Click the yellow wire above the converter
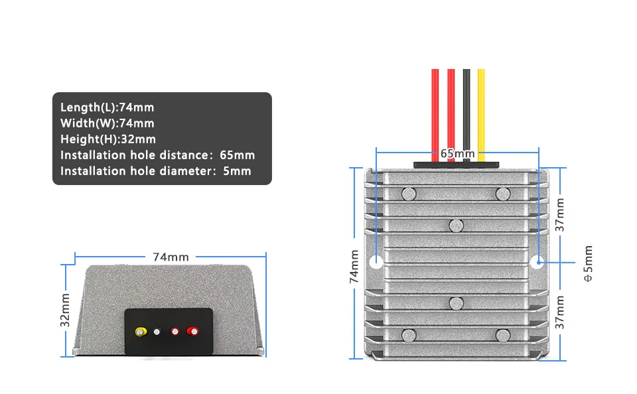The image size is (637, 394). coord(481,106)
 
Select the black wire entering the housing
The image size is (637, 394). coord(466,106)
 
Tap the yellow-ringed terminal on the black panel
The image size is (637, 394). coord(140,331)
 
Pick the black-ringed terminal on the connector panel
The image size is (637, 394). coord(157,332)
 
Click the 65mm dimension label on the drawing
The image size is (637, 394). coord(457,153)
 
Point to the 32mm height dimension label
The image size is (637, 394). coord(65,310)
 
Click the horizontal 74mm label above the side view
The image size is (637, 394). coord(171,257)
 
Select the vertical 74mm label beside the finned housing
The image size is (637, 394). coord(354,267)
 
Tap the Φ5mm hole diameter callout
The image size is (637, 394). coord(588,264)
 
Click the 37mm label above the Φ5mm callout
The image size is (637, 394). coord(561,214)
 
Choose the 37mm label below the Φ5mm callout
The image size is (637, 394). coord(561,312)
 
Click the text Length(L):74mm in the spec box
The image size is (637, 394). coord(107,107)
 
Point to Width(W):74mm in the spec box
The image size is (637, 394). coord(107,123)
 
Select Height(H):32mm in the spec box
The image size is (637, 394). coord(108,139)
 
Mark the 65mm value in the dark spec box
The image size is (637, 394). coord(237,155)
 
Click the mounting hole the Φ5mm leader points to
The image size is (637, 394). coord(536,261)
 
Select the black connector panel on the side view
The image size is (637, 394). coord(169,330)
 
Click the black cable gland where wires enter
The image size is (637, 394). coord(455,164)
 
